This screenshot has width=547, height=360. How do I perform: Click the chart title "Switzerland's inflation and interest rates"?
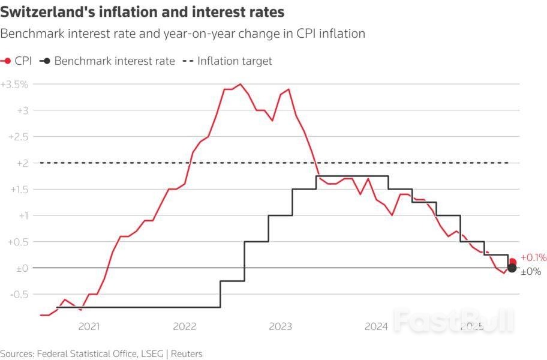tap(142, 11)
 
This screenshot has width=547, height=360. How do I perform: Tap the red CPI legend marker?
tap(7, 61)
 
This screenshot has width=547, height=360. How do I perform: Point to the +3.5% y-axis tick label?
tap(14, 84)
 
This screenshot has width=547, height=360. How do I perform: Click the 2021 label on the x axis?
tap(89, 326)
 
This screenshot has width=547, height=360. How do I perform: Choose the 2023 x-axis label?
tap(280, 326)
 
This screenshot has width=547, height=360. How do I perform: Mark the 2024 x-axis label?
tap(376, 326)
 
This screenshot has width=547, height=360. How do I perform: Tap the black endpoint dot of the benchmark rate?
tap(512, 268)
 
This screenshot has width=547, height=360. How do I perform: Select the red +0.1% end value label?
tap(533, 257)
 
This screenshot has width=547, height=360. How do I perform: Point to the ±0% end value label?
tap(531, 272)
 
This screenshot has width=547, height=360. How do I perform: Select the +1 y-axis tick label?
tap(22, 215)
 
